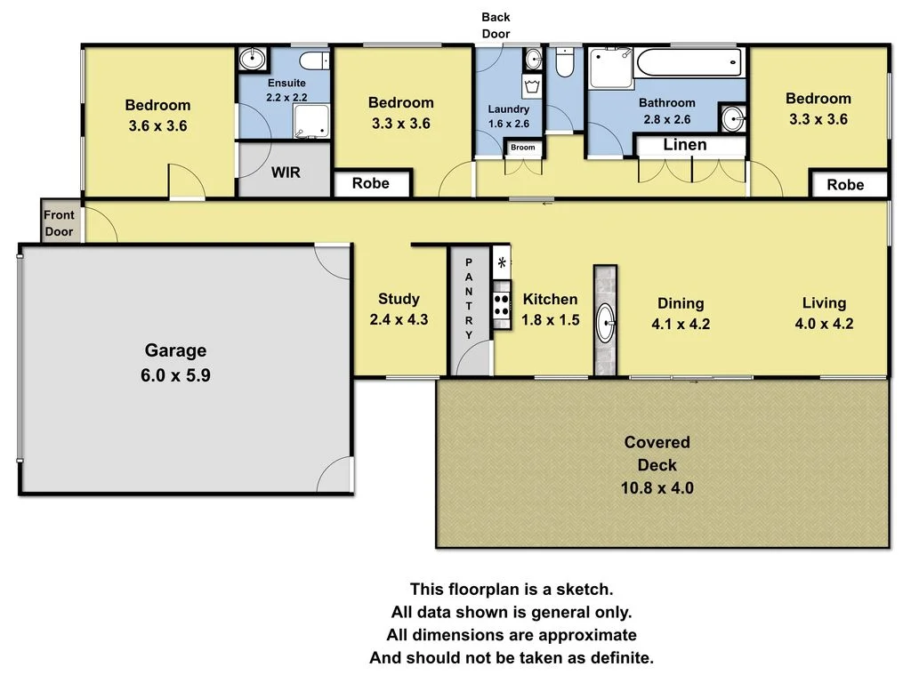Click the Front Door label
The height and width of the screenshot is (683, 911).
60,223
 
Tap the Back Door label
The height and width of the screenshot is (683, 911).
496,25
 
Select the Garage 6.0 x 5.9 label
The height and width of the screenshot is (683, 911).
175,363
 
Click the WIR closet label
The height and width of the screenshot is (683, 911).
286,172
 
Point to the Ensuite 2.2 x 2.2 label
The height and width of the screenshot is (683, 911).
286,90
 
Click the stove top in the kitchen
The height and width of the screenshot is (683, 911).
502,305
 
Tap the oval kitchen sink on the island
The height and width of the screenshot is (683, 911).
605,322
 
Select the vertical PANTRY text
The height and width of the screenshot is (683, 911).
469,299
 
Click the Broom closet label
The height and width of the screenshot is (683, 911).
523,148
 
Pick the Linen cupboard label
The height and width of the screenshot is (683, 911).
685,145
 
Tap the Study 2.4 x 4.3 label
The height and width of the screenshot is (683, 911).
399,309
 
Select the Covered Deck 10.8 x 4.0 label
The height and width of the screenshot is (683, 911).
657,464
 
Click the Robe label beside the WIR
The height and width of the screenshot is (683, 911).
371,184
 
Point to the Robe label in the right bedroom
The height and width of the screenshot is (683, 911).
845,185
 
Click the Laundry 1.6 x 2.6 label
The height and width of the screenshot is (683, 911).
509,117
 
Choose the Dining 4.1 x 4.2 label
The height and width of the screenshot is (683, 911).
681,313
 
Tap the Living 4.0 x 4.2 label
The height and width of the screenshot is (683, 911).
824,313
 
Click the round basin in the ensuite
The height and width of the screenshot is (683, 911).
253,59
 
